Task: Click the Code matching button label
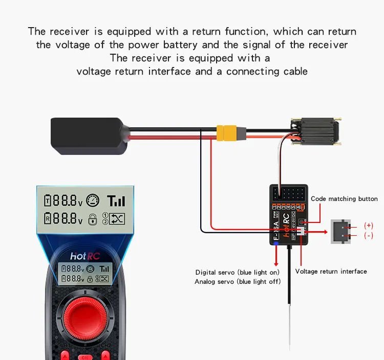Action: point(344,199)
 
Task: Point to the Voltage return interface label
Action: point(331,272)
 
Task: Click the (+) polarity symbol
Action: point(369,225)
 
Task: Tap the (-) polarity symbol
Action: point(369,236)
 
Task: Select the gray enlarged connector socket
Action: point(342,231)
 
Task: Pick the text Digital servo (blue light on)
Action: point(237,272)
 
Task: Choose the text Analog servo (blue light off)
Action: point(237,282)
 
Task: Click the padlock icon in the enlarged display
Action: point(93,219)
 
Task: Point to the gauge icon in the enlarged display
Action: point(93,200)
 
